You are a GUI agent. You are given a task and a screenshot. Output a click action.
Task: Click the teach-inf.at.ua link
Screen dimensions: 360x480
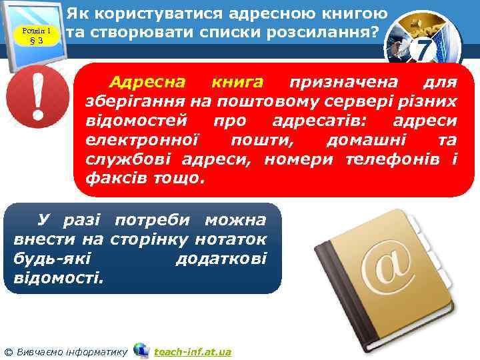pos(193,351)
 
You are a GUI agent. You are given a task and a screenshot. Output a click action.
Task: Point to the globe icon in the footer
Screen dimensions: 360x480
pos(141,350)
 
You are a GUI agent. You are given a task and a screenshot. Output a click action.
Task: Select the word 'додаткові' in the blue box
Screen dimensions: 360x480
pos(221,258)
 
